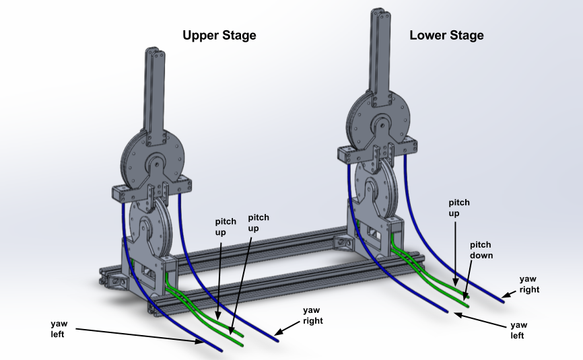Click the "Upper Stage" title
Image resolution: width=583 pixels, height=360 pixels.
click(x=219, y=35)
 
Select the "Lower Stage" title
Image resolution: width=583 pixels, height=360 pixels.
click(x=446, y=35)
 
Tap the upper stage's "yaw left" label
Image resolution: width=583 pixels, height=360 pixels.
click(x=59, y=328)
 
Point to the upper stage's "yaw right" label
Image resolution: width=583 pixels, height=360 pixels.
click(x=312, y=315)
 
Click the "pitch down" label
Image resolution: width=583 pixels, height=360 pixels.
click(x=481, y=250)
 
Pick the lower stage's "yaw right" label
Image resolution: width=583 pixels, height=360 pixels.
click(x=529, y=284)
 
